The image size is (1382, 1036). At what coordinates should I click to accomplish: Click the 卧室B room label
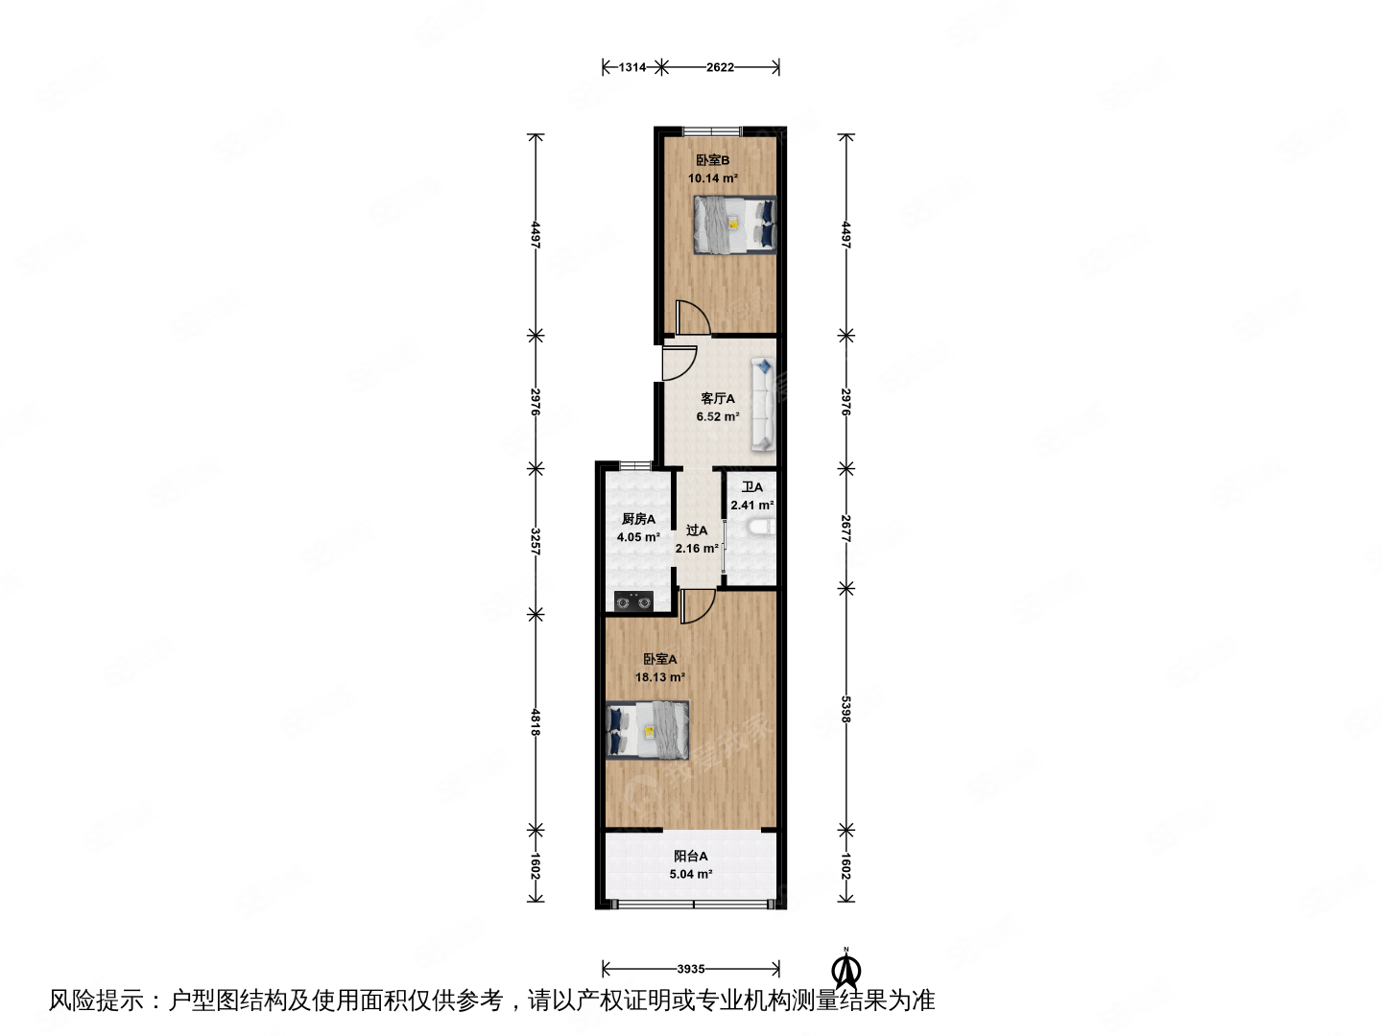point(712,160)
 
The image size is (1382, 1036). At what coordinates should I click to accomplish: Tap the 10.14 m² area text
point(712,178)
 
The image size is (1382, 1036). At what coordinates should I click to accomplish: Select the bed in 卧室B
point(734,224)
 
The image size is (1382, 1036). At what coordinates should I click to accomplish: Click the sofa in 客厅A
point(763,404)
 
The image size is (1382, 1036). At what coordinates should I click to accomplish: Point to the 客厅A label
point(718,398)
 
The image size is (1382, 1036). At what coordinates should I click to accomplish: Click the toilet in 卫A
point(762,529)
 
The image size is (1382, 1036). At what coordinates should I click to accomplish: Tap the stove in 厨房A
point(633,601)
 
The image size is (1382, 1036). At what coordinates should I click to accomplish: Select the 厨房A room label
point(638,519)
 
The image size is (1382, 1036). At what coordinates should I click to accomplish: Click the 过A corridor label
point(697,530)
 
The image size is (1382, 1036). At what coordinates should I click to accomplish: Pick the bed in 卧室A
point(648,729)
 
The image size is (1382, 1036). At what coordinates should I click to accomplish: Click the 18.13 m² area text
point(659,677)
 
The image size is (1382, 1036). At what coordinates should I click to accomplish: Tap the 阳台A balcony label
point(691,857)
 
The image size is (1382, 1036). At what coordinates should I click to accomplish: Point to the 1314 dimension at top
point(632,67)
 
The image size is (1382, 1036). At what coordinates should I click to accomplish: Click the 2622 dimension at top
point(720,67)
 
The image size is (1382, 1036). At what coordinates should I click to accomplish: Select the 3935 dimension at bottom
point(691,969)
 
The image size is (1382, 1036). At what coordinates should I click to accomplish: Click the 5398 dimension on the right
point(846,709)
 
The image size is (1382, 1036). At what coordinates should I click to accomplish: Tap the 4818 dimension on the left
point(536,721)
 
